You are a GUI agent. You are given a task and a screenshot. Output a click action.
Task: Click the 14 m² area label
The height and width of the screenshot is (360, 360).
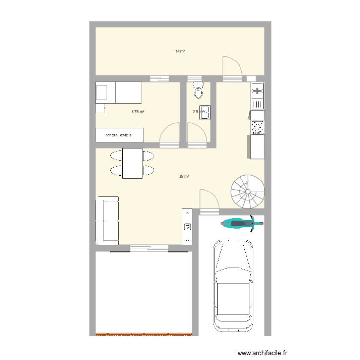180,51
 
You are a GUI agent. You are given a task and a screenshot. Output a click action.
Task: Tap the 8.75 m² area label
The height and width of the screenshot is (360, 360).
138,112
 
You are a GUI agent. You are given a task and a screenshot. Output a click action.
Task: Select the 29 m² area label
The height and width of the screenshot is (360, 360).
184,176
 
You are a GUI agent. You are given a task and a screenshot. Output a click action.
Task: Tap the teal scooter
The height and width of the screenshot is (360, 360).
241,223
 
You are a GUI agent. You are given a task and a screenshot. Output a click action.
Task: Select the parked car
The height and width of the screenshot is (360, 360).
234,282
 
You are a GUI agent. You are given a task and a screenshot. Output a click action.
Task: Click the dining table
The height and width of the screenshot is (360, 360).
132,163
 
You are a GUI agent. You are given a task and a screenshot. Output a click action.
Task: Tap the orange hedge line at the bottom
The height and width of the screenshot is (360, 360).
144,334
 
